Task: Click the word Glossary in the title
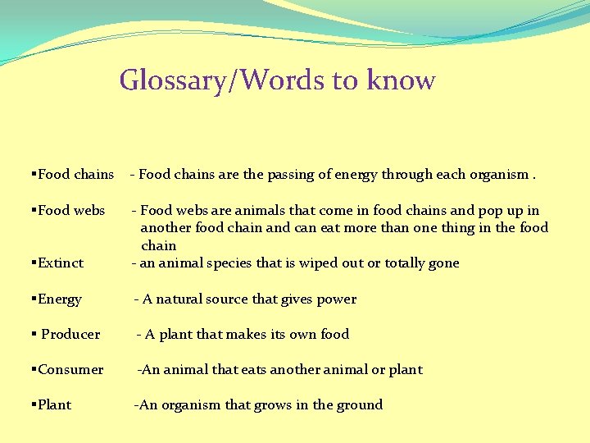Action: point(164,80)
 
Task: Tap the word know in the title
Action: point(401,80)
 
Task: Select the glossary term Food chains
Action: point(75,174)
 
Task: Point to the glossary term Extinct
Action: point(61,263)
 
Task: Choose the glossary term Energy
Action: point(60,299)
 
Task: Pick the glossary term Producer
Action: point(70,335)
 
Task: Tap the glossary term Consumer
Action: point(70,370)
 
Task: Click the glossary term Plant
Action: point(55,405)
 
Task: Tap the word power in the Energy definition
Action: point(337,299)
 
